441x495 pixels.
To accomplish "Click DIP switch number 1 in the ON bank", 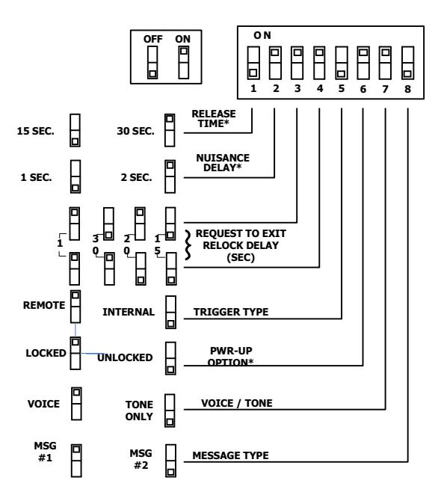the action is (x=253, y=63).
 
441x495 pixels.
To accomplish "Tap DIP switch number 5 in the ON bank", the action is (x=342, y=63).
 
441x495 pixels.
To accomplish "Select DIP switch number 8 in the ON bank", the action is (x=407, y=63).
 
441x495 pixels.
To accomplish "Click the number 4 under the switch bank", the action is (x=320, y=89).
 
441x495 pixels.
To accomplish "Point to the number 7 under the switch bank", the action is (x=385, y=89).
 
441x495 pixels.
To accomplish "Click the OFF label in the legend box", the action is (x=153, y=39).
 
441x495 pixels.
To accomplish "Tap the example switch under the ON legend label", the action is (x=184, y=63).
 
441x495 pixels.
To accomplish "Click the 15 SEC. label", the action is (x=35, y=131).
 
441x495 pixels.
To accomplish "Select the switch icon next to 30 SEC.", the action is (x=170, y=130).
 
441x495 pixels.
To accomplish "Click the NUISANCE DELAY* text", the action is (x=223, y=162).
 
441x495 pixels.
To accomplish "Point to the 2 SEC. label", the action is (x=136, y=177).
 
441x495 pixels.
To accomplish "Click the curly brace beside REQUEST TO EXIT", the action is (x=188, y=245).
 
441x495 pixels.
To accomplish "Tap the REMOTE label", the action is (x=44, y=305).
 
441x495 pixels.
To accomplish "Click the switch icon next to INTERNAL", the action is (x=170, y=313).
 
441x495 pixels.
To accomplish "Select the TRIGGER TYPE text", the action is (x=231, y=312).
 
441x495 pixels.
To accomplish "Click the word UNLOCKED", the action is (x=125, y=357).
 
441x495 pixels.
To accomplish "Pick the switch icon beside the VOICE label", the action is (x=76, y=404).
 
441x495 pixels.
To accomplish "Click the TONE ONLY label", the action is (x=139, y=411).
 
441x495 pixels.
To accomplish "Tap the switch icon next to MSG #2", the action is (x=170, y=461).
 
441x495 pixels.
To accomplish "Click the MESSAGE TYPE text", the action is (x=231, y=455).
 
